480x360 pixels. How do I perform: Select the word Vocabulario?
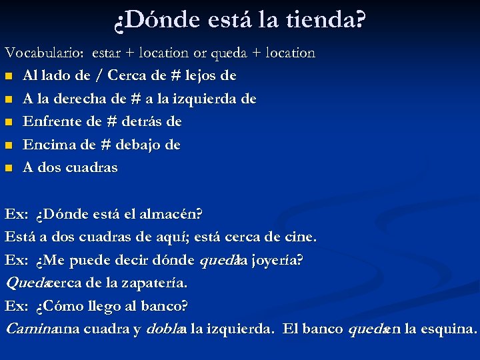(45, 52)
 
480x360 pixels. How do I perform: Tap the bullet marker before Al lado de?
(9, 76)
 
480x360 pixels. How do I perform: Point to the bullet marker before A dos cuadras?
(9, 168)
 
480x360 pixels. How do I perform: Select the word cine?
(302, 237)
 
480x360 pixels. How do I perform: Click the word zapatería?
(155, 283)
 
